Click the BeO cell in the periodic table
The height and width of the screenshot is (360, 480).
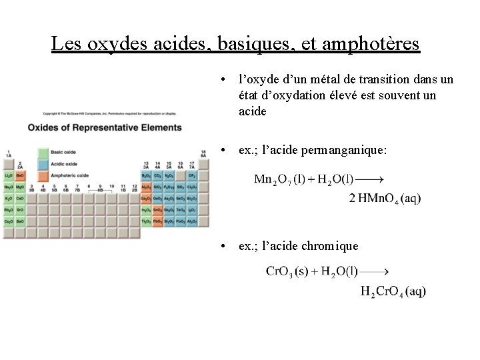coord(20,175)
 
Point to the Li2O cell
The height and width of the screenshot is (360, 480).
coord(9,175)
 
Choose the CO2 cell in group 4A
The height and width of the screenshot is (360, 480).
coord(157,175)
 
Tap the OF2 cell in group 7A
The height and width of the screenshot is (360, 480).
coord(192,175)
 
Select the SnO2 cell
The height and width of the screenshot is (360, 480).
coord(157,210)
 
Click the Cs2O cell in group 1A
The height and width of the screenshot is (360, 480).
coord(9,221)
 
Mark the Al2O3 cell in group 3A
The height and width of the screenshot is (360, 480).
coord(146,187)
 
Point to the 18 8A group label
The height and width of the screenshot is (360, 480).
coord(203,153)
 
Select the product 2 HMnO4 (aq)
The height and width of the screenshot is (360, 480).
coord(385,198)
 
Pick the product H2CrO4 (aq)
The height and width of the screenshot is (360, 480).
coord(393,291)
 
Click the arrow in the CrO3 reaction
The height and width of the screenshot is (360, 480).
coord(374,271)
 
